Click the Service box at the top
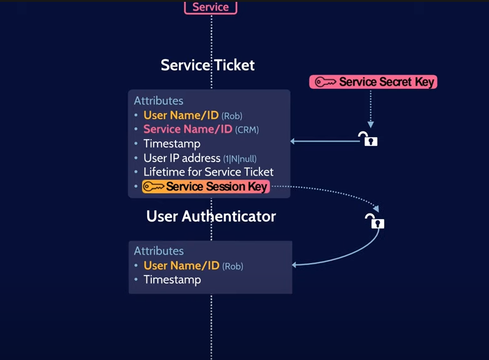(211, 7)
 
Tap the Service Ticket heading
(208, 65)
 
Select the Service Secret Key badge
(373, 82)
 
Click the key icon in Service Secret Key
(325, 82)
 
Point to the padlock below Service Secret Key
(369, 139)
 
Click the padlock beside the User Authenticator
(375, 221)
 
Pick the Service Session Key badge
(206, 186)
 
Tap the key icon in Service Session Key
(153, 186)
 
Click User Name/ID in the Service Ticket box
(181, 115)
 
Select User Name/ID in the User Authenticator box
(181, 266)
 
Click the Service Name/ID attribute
(187, 129)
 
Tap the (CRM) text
(247, 130)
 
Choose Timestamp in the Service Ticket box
(172, 143)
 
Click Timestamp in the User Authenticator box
(172, 280)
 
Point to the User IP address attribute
(182, 158)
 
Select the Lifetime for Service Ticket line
(208, 172)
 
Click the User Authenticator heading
(211, 216)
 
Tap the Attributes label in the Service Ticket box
(158, 101)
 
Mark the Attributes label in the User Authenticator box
(158, 251)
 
